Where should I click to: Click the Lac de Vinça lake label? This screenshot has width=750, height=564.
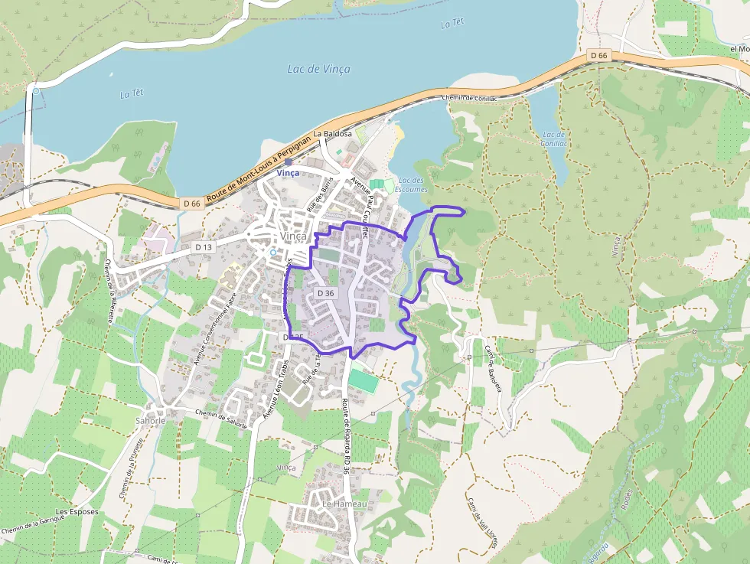318,69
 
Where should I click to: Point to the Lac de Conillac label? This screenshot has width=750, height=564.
553,139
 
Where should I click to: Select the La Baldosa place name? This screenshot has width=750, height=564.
332,133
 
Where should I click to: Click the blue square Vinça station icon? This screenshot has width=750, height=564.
288,162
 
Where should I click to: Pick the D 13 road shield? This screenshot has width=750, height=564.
203,247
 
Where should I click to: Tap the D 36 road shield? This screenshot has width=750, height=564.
325,293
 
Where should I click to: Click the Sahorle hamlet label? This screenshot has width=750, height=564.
149,420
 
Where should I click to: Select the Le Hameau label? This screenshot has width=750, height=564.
344,504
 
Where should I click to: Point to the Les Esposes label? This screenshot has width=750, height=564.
78,511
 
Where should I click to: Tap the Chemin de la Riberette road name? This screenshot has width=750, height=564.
108,291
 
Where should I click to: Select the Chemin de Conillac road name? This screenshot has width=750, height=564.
470,98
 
